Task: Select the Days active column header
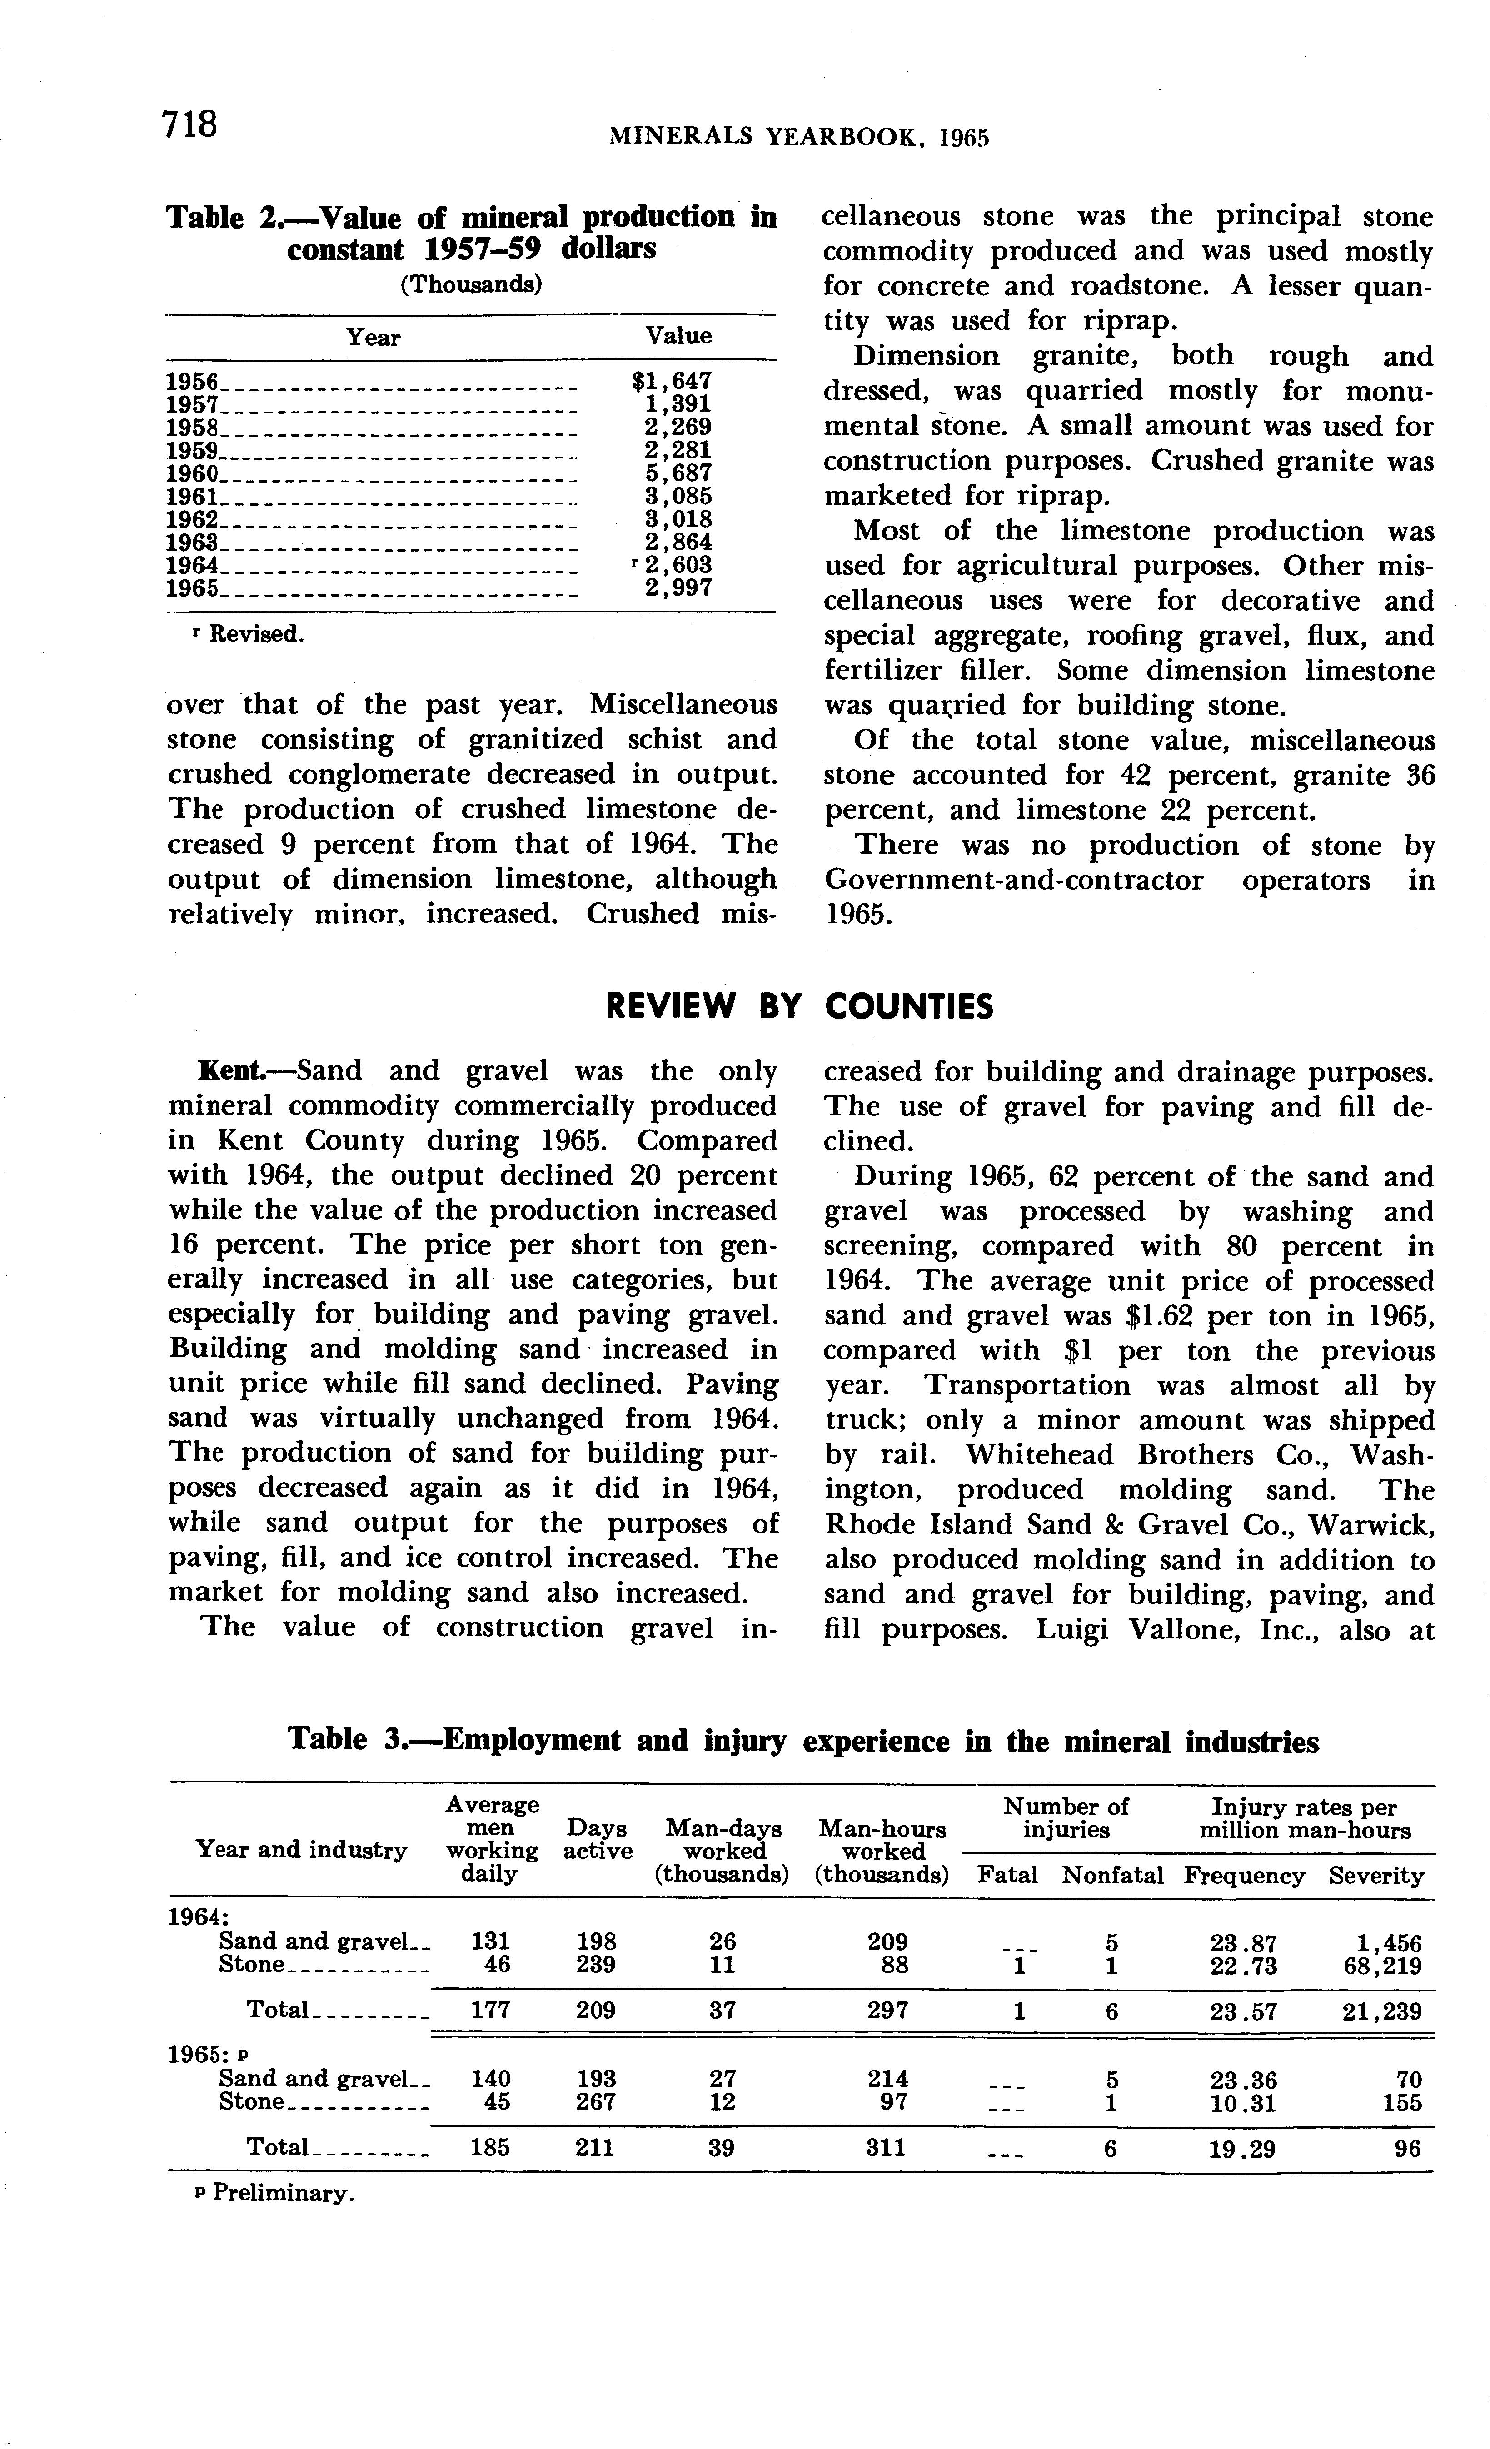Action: click(598, 1839)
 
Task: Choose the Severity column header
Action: click(1375, 1876)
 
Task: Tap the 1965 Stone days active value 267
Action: click(595, 2101)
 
